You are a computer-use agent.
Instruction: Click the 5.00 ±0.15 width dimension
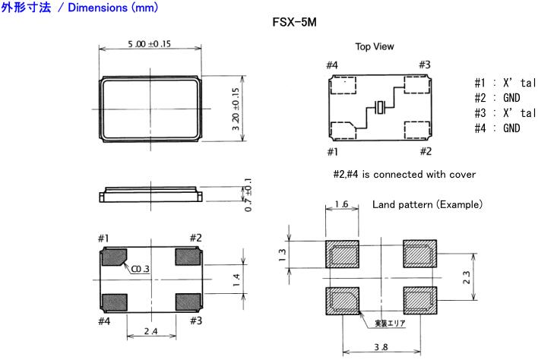tap(149, 45)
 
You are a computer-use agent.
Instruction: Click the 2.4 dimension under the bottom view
tap(150, 331)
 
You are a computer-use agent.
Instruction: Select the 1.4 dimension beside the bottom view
tap(236, 279)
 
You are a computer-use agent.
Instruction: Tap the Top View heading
tap(375, 47)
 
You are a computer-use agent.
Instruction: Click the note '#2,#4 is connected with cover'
tap(404, 175)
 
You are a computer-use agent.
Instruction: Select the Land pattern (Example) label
tap(427, 206)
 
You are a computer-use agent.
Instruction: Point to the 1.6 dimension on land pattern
tap(341, 205)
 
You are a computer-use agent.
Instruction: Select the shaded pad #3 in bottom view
tap(188, 302)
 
